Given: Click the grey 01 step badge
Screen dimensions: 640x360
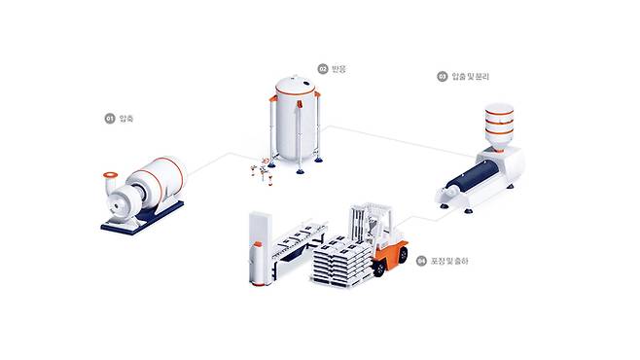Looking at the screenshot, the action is (x=109, y=118).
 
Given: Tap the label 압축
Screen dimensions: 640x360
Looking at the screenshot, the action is (x=125, y=118).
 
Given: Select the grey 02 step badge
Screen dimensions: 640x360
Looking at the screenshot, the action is (x=322, y=69).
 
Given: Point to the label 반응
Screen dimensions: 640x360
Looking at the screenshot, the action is (x=338, y=69).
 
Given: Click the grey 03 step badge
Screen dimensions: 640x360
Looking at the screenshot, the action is (x=442, y=75).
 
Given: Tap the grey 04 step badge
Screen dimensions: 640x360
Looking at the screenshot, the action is (x=420, y=261).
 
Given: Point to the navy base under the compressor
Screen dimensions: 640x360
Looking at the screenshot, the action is (x=142, y=221).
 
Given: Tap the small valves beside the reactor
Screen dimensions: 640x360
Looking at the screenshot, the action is (x=259, y=171).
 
